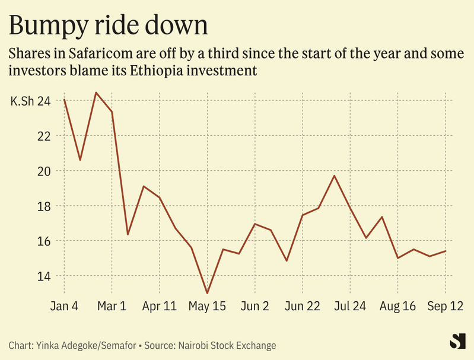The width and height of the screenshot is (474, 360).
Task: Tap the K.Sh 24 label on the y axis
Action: pyautogui.click(x=30, y=101)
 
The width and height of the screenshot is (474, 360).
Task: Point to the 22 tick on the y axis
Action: pyautogui.click(x=44, y=136)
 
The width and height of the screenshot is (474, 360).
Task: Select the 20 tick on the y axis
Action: pyautogui.click(x=44, y=171)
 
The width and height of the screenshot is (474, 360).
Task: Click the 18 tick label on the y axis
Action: pyautogui.click(x=44, y=206)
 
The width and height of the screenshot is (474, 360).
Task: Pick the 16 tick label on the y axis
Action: pyautogui.click(x=44, y=241)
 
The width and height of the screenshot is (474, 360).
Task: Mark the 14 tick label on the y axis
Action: pyautogui.click(x=44, y=276)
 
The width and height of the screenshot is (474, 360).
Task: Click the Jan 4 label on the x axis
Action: pyautogui.click(x=64, y=307)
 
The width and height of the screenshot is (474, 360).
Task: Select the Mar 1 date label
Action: pyautogui.click(x=112, y=307)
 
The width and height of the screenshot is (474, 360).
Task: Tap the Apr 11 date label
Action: pyautogui.click(x=160, y=307)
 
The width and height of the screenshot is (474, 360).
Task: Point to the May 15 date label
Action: pyautogui.click(x=207, y=307)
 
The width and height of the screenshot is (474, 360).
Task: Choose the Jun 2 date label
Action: pyautogui.click(x=255, y=307)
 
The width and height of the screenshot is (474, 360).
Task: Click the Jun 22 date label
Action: pyautogui.click(x=303, y=307)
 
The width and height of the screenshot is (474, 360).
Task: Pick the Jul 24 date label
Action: pyautogui.click(x=350, y=307)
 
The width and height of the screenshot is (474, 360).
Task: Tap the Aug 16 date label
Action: pyautogui.click(x=397, y=307)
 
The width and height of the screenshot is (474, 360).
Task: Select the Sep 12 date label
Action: pyautogui.click(x=445, y=307)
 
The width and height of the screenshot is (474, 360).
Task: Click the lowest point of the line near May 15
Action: pyautogui.click(x=207, y=293)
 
